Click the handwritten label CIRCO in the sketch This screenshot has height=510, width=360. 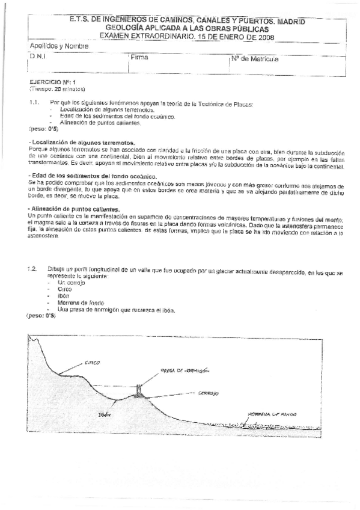[92, 363]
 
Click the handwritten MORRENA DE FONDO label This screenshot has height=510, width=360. [272, 414]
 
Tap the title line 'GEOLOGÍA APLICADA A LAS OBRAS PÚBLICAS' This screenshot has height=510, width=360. [188, 28]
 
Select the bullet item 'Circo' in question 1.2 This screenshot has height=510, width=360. [65, 289]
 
